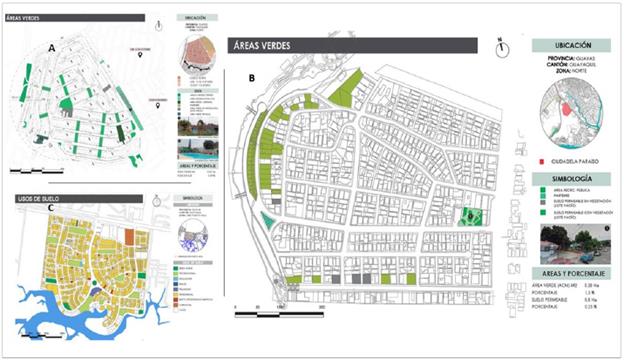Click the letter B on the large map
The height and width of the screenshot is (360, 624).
252,76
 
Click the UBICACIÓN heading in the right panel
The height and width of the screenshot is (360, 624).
570,45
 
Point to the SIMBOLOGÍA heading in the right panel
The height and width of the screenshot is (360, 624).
570,176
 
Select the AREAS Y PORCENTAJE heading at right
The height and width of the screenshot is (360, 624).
570,272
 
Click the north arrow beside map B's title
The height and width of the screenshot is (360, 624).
500,44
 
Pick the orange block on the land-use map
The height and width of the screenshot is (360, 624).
139,238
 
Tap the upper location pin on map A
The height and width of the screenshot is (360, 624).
144,57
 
